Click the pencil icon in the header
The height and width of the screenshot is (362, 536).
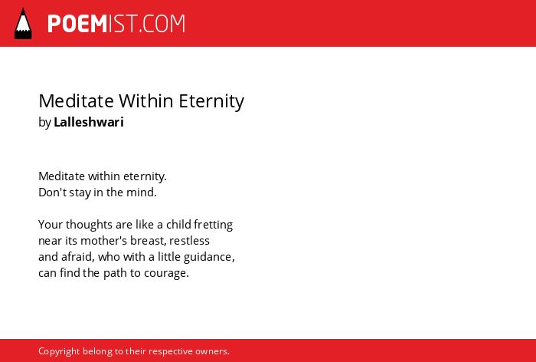coord(23,24)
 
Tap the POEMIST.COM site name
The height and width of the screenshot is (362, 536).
coord(116,24)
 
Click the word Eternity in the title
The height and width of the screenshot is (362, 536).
coord(211,101)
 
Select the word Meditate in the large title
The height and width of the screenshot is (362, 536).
coord(76,101)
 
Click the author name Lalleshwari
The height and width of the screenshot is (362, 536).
coord(89,122)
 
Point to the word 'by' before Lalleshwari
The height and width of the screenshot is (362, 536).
coord(44,123)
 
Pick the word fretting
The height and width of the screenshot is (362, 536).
coord(214,225)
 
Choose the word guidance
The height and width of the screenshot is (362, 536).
coord(209,257)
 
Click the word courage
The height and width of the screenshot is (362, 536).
coord(166,274)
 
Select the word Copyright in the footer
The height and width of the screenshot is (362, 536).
coord(59,351)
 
